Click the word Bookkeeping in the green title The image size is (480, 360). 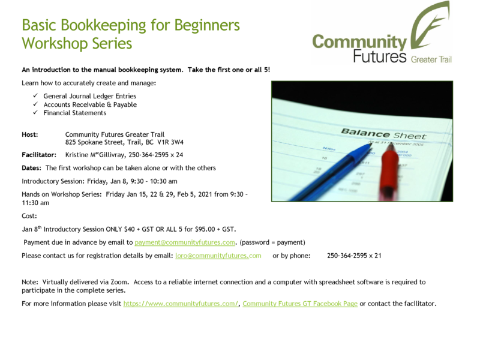103,26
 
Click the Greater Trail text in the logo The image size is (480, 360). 431,59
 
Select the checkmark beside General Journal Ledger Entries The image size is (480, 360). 35,95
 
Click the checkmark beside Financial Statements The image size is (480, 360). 35,112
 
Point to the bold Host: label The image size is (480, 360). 29,134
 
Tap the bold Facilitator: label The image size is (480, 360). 39,155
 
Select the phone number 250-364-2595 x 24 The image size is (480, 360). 155,155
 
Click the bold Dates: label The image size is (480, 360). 31,168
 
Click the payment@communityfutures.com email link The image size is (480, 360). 185,242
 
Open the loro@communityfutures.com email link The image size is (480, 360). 218,256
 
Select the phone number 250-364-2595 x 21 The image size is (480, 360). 354,256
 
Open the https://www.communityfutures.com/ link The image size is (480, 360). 181,304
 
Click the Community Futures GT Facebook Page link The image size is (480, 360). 300,304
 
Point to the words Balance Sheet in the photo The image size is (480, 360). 383,134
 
